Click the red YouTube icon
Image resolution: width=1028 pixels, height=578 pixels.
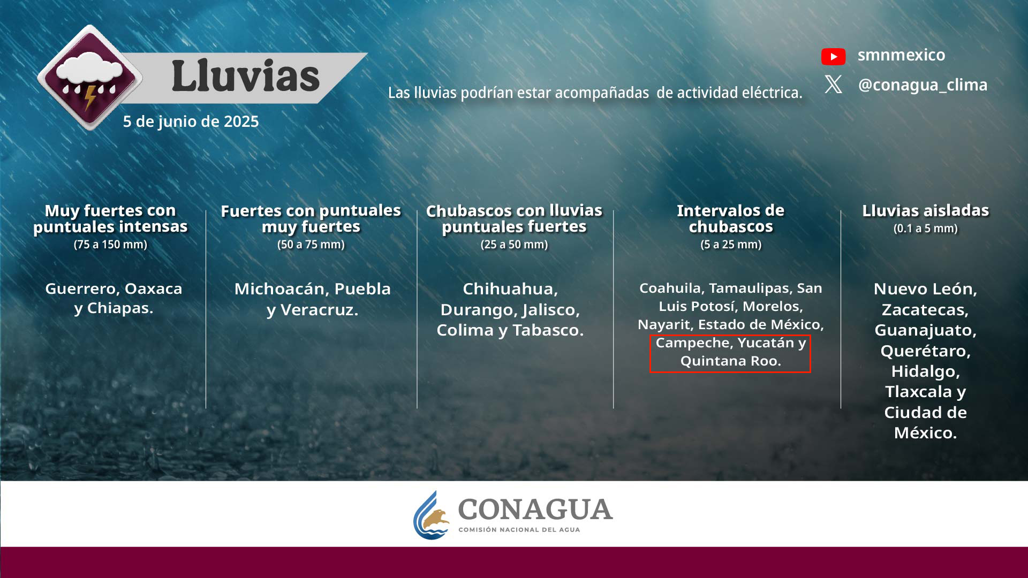click(x=833, y=56)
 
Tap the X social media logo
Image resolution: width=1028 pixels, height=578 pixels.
click(x=833, y=84)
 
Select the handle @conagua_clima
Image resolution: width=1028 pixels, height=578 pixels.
click(x=923, y=85)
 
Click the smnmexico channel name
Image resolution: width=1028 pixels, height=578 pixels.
click(x=901, y=55)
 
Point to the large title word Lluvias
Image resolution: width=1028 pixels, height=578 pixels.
click(x=245, y=75)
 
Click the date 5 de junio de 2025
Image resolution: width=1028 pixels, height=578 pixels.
click(x=191, y=121)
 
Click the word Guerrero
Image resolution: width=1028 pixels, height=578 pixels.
click(x=81, y=289)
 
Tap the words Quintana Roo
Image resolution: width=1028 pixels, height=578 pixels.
click(x=730, y=361)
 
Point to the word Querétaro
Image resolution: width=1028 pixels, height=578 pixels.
click(x=925, y=351)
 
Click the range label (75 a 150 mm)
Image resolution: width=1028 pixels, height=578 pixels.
click(x=110, y=245)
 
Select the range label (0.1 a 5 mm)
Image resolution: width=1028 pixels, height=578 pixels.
click(x=925, y=229)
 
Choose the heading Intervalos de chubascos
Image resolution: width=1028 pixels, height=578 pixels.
click(x=730, y=218)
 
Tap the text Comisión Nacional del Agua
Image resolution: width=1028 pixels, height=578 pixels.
click(x=519, y=530)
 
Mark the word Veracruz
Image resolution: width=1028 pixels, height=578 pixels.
click(x=319, y=310)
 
